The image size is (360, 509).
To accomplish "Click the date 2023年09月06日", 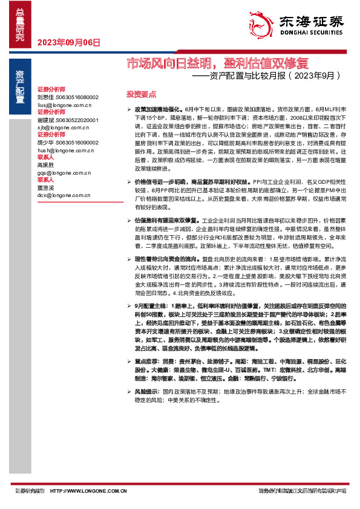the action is point(68,42).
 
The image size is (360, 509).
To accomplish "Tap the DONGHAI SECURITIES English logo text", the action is point(309,36).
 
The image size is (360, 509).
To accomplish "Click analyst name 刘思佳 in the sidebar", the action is point(45,97).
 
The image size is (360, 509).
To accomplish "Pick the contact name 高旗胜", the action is point(45,165).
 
